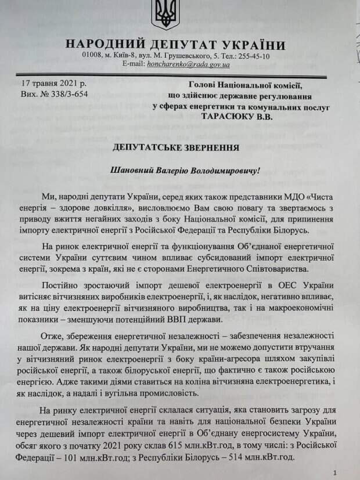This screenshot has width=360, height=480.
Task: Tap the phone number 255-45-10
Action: point(253,56)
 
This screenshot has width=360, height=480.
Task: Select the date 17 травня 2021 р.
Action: point(51,85)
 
